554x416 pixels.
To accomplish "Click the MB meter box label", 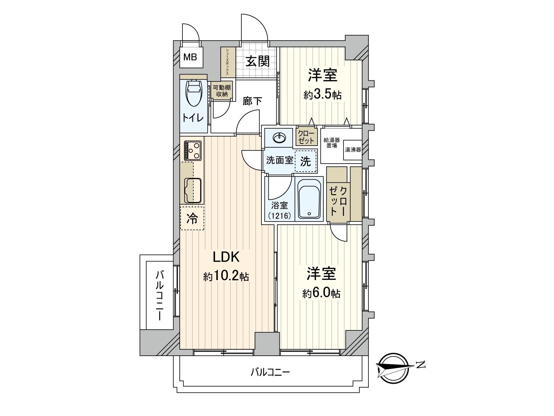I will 190,57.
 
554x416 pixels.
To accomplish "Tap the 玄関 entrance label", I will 258,61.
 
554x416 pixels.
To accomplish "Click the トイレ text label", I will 193,118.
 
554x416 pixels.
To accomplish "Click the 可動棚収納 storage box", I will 222,91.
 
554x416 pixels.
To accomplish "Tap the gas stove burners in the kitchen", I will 192,150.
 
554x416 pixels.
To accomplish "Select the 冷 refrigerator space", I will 192,218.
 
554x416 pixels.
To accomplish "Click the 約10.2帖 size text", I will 226,276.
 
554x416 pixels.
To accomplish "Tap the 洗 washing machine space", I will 305,162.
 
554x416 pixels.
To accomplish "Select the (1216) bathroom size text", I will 279,215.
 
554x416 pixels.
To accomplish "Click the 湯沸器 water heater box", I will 352,150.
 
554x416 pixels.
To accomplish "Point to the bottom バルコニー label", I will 270,373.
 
